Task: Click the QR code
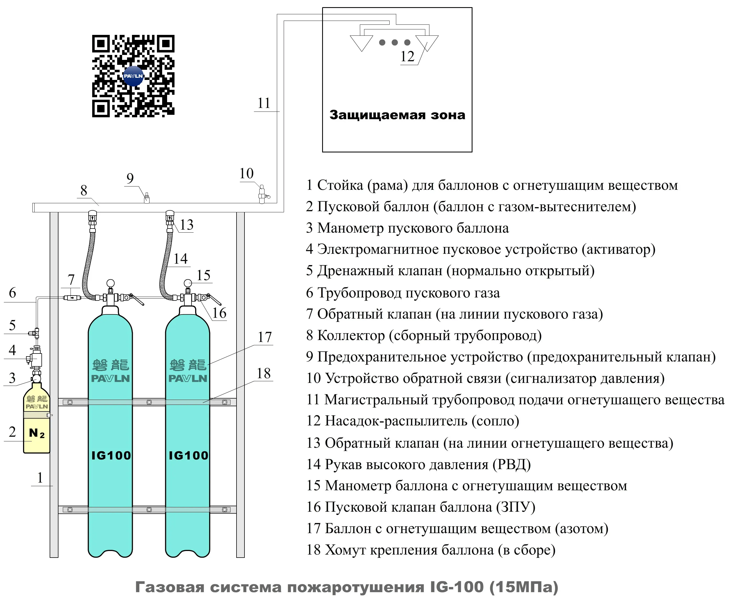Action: click(x=133, y=76)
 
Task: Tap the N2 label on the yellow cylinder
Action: click(x=36, y=433)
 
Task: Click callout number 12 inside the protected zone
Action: click(x=407, y=56)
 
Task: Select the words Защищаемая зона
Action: click(x=397, y=115)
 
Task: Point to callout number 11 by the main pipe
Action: click(x=264, y=103)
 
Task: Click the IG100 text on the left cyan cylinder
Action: click(x=111, y=455)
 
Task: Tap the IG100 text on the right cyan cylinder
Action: click(x=188, y=455)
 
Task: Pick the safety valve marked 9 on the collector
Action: click(x=147, y=198)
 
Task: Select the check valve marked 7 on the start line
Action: click(x=72, y=297)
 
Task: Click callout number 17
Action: click(x=265, y=337)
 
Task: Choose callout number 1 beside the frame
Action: click(x=40, y=478)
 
